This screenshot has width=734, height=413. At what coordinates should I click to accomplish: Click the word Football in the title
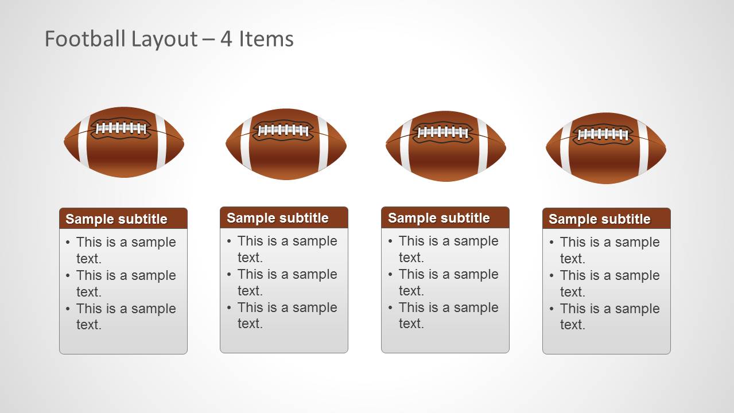coord(85,39)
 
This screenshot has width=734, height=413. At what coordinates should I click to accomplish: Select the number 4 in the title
coord(227,39)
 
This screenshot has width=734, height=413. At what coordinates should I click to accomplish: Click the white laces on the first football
coord(121,128)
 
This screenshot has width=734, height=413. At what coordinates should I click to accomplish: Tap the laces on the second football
coord(283,131)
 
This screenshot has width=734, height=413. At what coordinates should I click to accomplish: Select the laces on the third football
coord(442,133)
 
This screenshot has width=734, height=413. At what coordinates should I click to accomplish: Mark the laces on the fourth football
coord(603,135)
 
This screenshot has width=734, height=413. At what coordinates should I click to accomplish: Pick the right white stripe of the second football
coord(323,144)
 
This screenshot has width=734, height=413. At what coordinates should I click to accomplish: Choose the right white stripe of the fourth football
coord(643,148)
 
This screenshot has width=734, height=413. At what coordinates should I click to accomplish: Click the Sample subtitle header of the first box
coord(116,219)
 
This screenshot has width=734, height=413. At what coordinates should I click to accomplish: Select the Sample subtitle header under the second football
coord(278,218)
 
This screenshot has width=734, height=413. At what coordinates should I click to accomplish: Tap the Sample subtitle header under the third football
coord(439,218)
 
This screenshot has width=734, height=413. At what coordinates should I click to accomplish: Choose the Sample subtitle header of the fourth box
coord(600,219)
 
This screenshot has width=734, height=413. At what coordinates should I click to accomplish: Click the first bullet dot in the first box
coord(68,243)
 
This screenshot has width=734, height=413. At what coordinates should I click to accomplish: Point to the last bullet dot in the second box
coord(230,308)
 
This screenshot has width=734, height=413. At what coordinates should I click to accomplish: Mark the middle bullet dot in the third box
coord(391,275)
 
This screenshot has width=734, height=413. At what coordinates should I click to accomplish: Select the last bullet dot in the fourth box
coord(552,309)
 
